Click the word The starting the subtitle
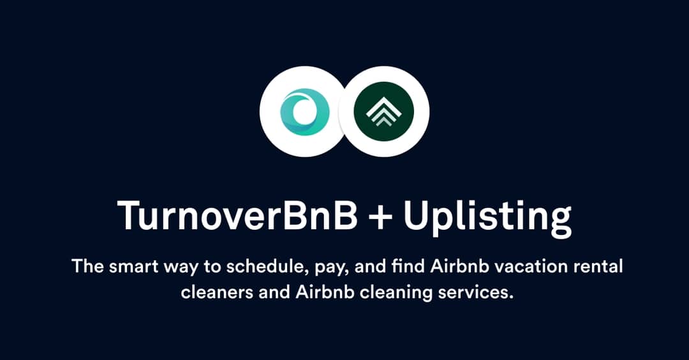click(87, 266)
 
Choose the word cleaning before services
click(386, 294)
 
